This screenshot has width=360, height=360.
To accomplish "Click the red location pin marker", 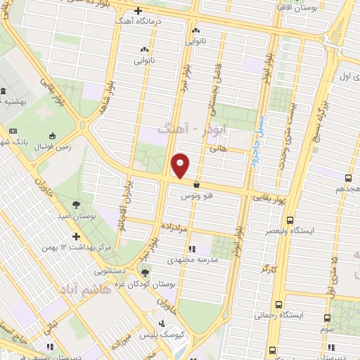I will tap(181, 165).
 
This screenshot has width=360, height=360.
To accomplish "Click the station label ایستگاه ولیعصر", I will tap(334, 231).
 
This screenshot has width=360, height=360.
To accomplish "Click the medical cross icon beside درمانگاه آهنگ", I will tap(138, 11).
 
